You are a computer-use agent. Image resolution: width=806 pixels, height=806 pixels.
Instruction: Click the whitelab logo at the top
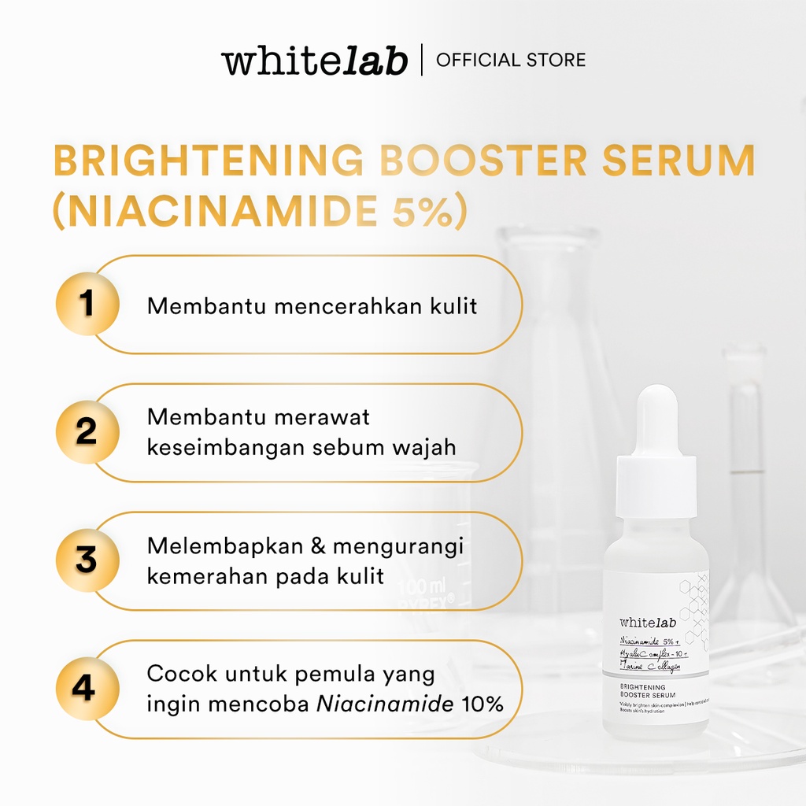point(314,61)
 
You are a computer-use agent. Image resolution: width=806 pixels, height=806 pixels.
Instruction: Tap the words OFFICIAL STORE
point(511,60)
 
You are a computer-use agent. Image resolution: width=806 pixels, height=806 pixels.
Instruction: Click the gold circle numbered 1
point(87,305)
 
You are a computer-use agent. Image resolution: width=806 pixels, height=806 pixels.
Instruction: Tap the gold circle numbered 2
point(87,432)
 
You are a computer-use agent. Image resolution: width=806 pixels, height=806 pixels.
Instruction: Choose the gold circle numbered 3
point(87,560)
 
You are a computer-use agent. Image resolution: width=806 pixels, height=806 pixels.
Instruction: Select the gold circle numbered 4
point(87,689)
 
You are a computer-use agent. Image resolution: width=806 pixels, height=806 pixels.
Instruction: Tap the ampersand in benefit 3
point(320,545)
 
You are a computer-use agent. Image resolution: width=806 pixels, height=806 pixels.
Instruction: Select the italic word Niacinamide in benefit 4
point(385,704)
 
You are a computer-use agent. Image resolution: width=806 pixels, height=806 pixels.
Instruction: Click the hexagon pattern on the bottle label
point(694,610)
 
